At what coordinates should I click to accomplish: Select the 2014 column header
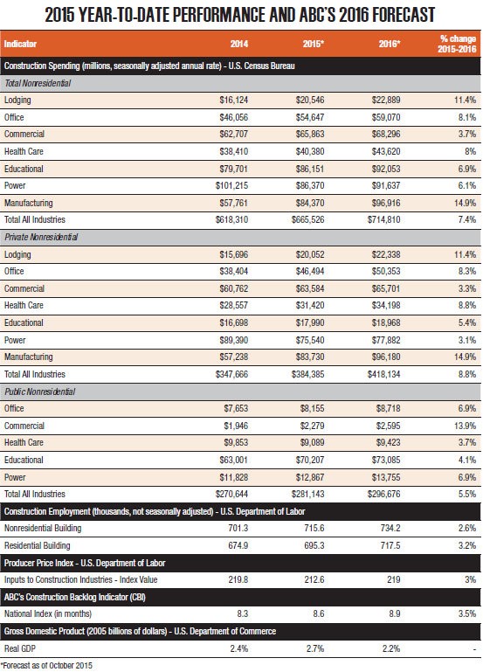click(x=239, y=44)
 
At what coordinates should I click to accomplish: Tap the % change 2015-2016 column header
click(x=457, y=44)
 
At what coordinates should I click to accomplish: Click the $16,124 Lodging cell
click(x=234, y=100)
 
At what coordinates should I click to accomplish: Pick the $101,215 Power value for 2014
click(x=231, y=185)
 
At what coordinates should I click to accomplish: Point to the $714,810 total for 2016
click(x=383, y=220)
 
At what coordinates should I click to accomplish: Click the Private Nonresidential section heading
click(x=41, y=237)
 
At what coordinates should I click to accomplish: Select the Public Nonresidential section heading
click(x=40, y=391)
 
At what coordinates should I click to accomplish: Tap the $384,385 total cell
click(x=307, y=374)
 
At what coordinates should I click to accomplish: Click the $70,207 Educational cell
click(x=310, y=460)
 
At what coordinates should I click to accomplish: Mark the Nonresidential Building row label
click(x=43, y=528)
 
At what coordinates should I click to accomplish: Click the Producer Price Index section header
click(x=85, y=563)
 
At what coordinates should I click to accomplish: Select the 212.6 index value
click(x=314, y=580)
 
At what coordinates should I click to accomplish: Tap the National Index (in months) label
click(x=48, y=613)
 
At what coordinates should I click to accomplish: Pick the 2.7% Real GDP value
click(x=315, y=648)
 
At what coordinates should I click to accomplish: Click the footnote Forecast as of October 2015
click(x=46, y=666)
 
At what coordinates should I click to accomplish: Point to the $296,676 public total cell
click(x=383, y=494)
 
